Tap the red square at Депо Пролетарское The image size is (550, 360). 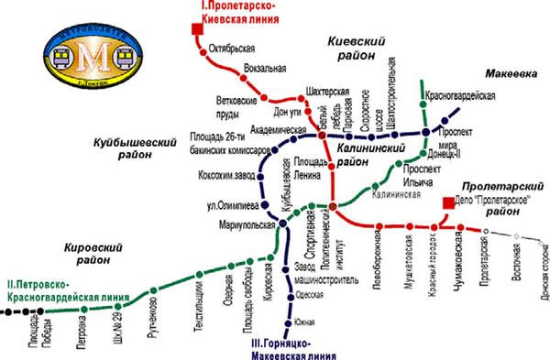(446, 202)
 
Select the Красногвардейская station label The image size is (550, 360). (461, 95)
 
